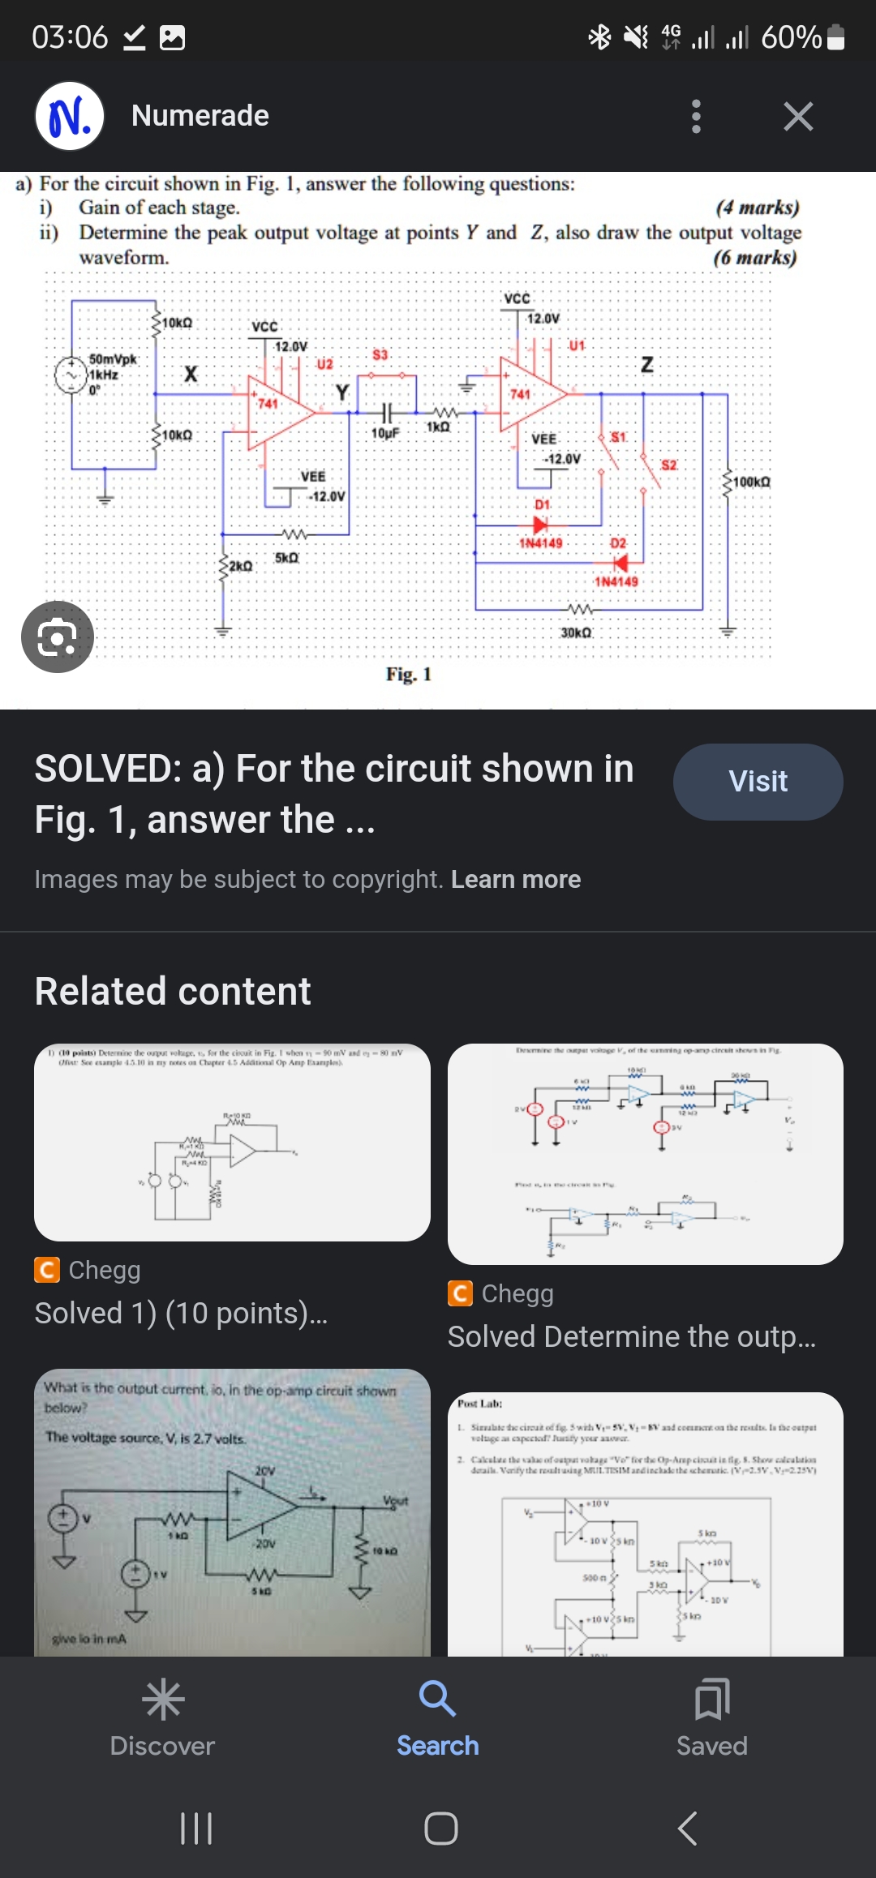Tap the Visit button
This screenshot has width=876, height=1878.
(x=758, y=782)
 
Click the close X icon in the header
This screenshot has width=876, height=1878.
(x=798, y=117)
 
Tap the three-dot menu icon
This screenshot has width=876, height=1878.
(x=695, y=117)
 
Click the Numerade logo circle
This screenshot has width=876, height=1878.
(x=70, y=117)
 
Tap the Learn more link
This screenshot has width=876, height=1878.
(x=516, y=879)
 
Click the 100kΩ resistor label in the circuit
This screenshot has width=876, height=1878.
(x=751, y=482)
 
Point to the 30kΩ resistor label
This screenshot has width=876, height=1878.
(x=576, y=632)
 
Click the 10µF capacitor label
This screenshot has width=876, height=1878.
(x=385, y=434)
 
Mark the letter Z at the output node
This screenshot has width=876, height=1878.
(x=646, y=365)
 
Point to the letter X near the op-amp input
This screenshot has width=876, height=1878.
(x=191, y=374)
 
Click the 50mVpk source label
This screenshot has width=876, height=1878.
(x=113, y=359)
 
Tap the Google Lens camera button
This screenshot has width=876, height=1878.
(x=57, y=637)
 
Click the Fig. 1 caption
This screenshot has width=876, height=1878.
(x=408, y=675)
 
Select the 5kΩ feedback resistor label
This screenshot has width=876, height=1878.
(x=286, y=558)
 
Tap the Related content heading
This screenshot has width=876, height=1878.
(x=173, y=992)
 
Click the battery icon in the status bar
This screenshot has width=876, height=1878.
(x=836, y=37)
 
